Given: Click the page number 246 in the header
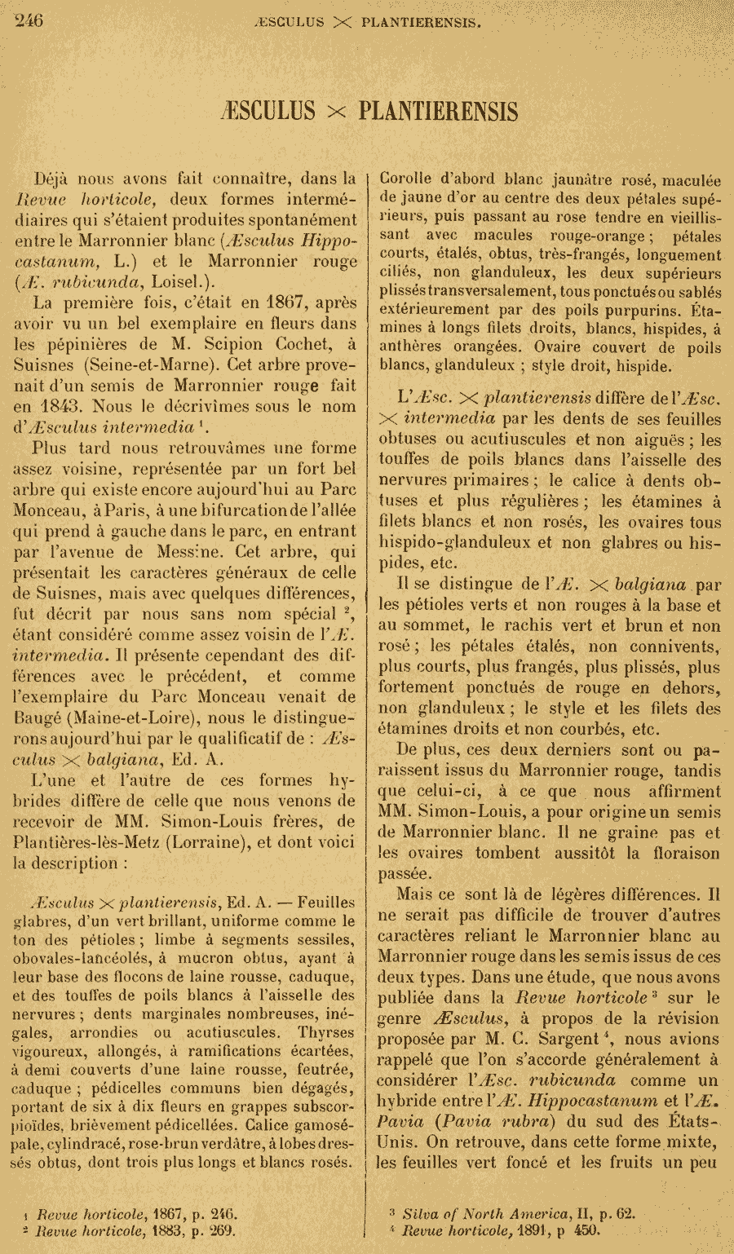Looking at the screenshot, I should [29, 20].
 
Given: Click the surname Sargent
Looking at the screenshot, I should [589, 1040].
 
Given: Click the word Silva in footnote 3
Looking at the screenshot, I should [419, 1214].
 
